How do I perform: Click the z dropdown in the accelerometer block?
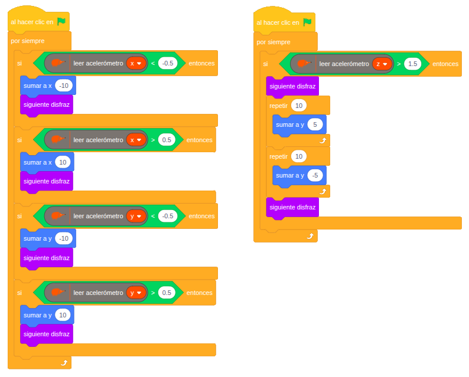(382, 64)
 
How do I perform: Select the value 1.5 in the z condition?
(413, 64)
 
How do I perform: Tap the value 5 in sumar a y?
(315, 125)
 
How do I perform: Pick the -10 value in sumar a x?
(64, 86)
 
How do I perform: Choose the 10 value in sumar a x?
(63, 162)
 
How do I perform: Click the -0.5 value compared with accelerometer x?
(168, 63)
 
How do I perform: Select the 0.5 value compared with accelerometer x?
(167, 140)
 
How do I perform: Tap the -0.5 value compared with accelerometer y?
(168, 216)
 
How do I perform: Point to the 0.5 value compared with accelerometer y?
(167, 293)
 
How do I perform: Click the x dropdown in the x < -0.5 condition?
(136, 63)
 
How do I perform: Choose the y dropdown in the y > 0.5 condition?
(136, 293)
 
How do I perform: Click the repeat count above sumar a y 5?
(299, 106)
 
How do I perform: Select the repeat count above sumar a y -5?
(299, 156)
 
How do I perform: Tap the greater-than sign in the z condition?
(399, 64)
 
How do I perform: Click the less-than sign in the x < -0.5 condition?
(152, 63)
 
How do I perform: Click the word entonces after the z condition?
(445, 64)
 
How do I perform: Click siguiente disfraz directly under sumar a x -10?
(47, 105)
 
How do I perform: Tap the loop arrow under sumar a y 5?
(323, 141)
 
